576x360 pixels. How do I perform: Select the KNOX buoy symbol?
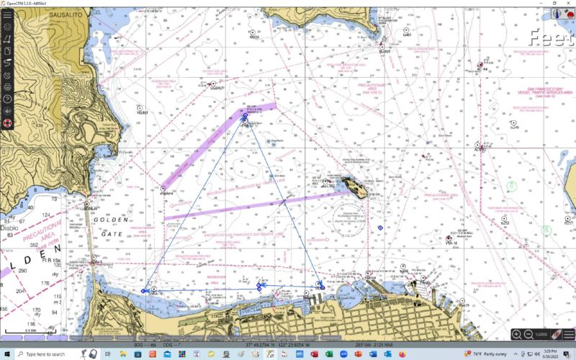point(253,32)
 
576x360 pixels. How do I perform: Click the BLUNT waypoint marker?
point(383,45)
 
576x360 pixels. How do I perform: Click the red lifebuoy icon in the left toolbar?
point(7,122)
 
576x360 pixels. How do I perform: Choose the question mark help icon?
point(7,99)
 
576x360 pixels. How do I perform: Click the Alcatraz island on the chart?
point(354,189)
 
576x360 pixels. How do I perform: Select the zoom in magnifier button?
point(516,335)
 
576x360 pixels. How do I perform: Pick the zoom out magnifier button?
point(528,335)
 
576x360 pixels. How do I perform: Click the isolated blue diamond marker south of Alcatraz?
point(380,228)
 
